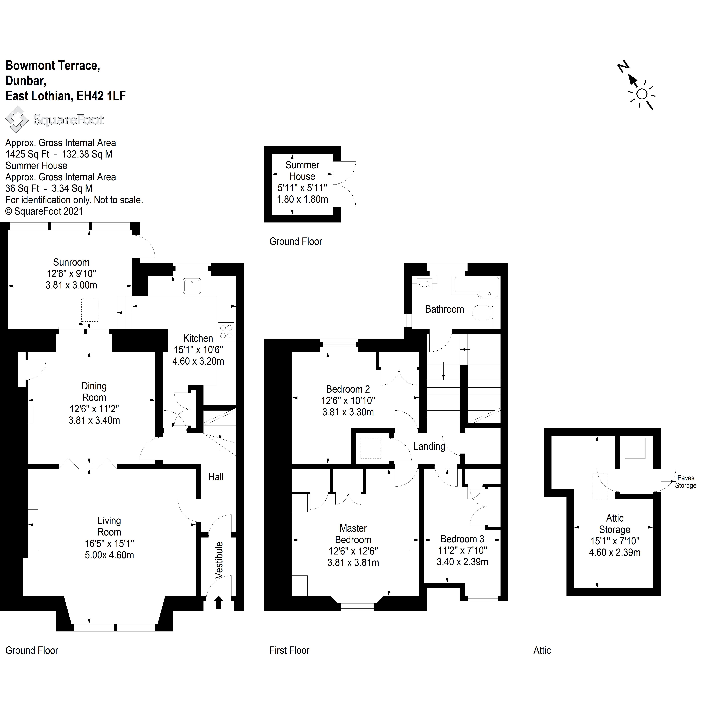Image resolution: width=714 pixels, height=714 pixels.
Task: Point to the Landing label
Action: (x=429, y=446)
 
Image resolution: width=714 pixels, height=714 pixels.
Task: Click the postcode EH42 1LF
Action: (x=101, y=96)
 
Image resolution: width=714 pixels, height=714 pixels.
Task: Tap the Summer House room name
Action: (x=302, y=171)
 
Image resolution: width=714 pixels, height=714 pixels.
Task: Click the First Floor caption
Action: (x=289, y=650)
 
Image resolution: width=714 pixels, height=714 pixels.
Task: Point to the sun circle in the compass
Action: (x=642, y=94)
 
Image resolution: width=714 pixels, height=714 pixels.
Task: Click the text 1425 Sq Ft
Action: (x=27, y=154)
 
